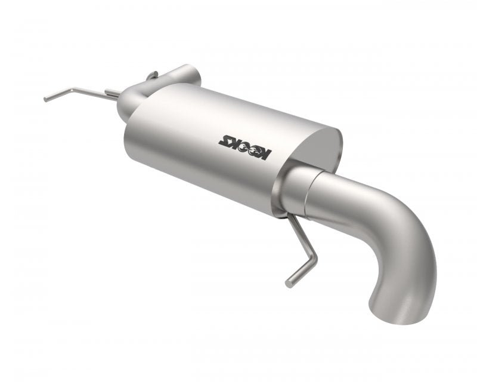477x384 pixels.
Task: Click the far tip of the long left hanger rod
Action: (x=46, y=99)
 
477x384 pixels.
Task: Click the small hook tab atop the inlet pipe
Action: (x=152, y=75)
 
